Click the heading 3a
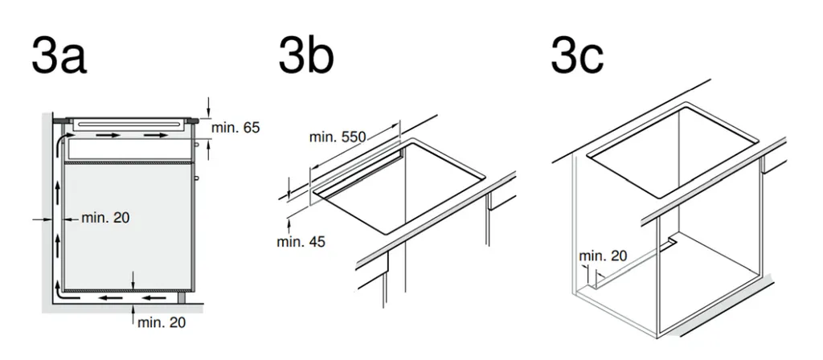coord(59,55)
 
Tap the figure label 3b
coord(306,55)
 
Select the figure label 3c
coord(577,55)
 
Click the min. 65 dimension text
coord(235,128)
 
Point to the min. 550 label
coord(337,137)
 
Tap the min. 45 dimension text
coord(301,242)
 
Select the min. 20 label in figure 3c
coord(603,256)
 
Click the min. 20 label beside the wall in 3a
coord(105,217)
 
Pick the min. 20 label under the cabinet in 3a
coord(162,322)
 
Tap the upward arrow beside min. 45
coord(289,226)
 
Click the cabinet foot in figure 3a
coord(182,298)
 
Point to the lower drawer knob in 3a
coord(196,178)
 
